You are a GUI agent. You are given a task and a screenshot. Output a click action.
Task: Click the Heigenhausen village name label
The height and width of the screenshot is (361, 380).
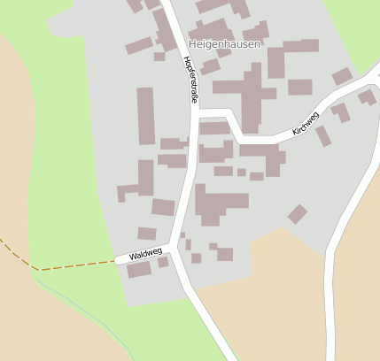225,43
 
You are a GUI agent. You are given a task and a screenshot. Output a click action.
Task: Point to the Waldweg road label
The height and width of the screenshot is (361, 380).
145,255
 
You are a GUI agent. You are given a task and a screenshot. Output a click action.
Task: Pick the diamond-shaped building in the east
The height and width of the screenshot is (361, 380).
298,214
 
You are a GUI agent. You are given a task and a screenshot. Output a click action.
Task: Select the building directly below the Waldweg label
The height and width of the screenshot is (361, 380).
139,270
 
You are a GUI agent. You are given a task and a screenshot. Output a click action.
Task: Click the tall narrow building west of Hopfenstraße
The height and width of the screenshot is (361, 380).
145,115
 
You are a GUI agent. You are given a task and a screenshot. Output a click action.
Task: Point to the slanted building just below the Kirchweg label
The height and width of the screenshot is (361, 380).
323,136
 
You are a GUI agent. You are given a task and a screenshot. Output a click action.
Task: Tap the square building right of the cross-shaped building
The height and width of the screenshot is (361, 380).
299,87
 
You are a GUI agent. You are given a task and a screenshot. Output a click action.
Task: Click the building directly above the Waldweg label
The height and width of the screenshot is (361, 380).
147,234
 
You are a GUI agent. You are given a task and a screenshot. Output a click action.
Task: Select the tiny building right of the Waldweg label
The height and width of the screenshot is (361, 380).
163,262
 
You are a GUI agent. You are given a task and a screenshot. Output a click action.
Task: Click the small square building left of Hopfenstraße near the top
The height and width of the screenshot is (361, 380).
159,57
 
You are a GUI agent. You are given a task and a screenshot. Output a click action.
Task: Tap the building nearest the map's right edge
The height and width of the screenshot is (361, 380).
367,96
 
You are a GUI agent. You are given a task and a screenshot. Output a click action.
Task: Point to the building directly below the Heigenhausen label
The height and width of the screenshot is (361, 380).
210,66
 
